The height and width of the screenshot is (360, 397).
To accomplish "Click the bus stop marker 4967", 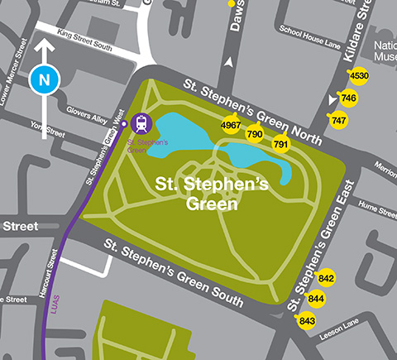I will point(232,125).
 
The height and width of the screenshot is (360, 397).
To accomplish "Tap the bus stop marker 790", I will point(255,134).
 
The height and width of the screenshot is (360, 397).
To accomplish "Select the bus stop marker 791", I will point(281,145).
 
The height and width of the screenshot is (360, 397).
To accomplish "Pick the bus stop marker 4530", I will point(359,77).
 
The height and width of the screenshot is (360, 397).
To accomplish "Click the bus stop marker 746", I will point(348,98).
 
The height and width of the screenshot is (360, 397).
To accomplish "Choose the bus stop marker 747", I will point(338,120).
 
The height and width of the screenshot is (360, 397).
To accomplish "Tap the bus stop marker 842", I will point(326,278).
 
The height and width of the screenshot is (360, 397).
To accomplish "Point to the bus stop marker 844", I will point(316,299).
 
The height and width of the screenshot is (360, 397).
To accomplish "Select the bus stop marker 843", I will point(307,320).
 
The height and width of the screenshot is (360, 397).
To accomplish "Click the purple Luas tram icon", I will point(141,123).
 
